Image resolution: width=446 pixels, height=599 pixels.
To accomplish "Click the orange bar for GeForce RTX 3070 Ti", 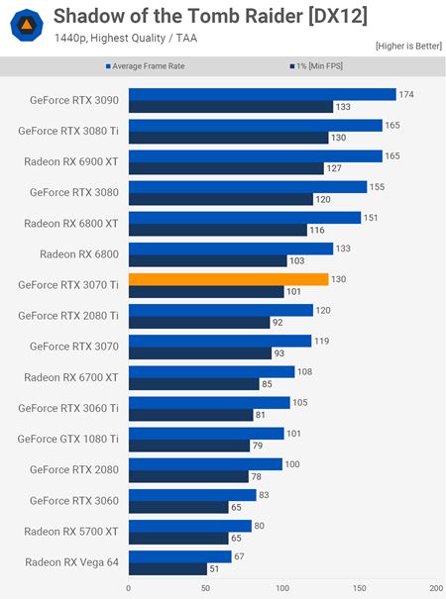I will pyautogui.click(x=228, y=279).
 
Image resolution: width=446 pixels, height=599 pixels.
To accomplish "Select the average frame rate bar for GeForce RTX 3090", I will pyautogui.click(x=262, y=95).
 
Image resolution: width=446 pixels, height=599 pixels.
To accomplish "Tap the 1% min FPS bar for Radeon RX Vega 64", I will pyautogui.click(x=167, y=568).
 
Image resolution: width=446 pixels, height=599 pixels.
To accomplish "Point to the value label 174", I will pyautogui.click(x=405, y=95).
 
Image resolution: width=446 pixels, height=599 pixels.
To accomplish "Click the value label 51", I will pyautogui.click(x=215, y=568).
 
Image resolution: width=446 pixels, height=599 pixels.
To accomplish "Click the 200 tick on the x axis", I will pyautogui.click(x=436, y=587).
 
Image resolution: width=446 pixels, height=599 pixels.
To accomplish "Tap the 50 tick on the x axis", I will pyautogui.click(x=205, y=587).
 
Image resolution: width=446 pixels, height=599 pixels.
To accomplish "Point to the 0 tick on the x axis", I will pyautogui.click(x=128, y=587).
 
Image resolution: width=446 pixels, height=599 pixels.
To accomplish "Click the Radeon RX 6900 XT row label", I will pyautogui.click(x=71, y=162).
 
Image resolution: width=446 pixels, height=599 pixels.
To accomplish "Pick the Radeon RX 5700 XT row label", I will pyautogui.click(x=71, y=531).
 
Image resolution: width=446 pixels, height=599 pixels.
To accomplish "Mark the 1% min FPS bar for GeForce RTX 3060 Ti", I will pyautogui.click(x=190, y=415).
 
